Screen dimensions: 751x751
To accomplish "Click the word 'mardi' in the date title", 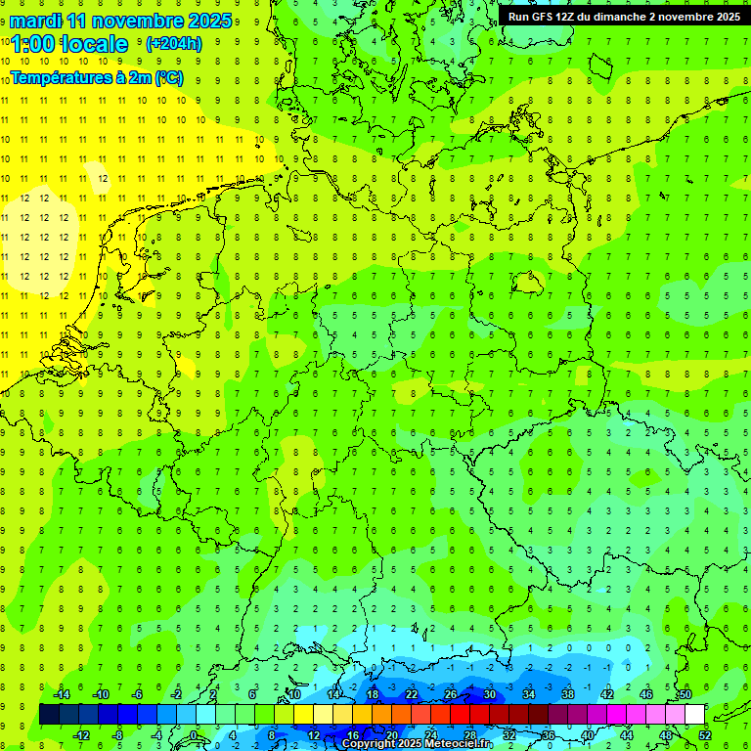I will [34, 21].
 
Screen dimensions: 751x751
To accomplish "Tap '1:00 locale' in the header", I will [69, 44].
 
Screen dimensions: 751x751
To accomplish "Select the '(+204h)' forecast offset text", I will [173, 44].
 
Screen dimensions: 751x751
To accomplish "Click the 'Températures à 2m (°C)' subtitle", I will [97, 78].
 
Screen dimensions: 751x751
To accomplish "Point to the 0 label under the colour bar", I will [193, 735].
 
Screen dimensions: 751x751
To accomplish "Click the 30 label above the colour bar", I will [489, 694].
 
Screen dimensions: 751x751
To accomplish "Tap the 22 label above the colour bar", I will [412, 694].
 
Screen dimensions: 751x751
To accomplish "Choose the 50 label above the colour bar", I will [685, 694].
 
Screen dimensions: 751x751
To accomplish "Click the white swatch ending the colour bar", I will [694, 715].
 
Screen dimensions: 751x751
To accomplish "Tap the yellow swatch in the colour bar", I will [324, 715].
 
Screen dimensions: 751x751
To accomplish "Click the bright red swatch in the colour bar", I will [460, 715].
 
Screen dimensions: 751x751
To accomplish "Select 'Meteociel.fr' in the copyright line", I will [459, 744].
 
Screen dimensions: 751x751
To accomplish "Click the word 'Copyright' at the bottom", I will [370, 744].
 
